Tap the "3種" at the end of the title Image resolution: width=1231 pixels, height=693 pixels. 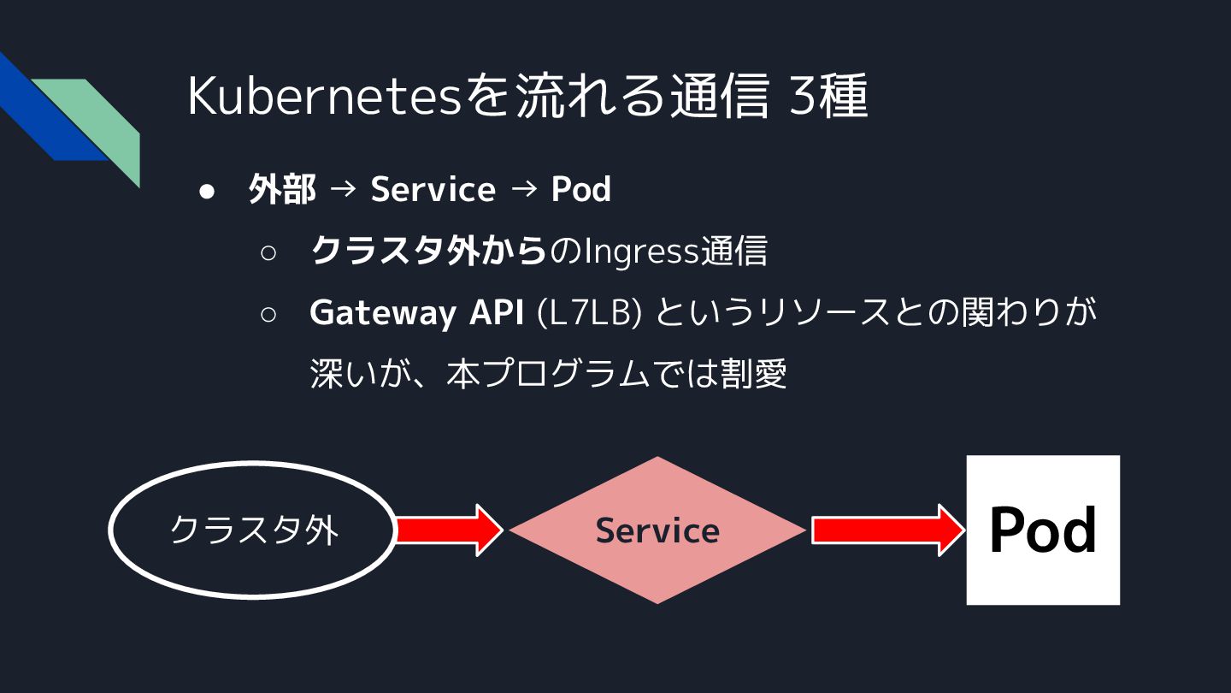point(828,96)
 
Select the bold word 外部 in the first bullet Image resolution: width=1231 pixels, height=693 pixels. point(282,190)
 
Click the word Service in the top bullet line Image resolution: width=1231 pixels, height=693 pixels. point(433,190)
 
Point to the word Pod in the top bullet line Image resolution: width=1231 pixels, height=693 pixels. point(581,190)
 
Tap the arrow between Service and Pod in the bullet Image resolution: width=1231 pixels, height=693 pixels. point(523,190)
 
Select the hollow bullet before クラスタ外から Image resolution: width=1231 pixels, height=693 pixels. point(268,253)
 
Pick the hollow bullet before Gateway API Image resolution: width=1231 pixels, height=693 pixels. point(268,314)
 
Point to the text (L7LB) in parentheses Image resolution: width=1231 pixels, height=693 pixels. point(589,313)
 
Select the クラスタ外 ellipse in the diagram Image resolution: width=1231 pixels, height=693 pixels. point(254,530)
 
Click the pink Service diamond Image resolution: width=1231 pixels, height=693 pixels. point(657,530)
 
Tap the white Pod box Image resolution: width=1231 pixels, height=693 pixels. point(1043,530)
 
